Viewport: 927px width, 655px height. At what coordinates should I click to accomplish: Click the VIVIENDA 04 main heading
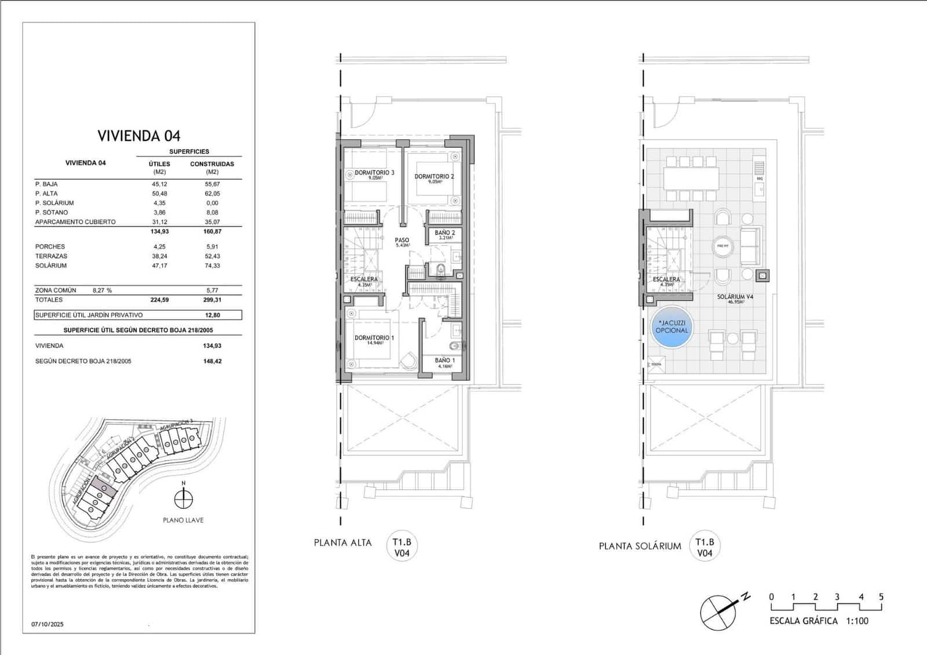tap(139, 136)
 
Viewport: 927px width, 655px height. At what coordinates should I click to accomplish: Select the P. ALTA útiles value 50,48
tap(159, 194)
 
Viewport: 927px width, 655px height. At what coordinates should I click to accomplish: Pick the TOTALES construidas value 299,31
tap(213, 300)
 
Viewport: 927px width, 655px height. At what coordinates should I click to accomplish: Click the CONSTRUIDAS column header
tap(212, 164)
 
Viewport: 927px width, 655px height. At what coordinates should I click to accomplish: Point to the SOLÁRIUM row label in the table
tap(51, 265)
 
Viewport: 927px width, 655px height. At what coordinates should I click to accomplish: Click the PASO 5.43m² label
tap(402, 242)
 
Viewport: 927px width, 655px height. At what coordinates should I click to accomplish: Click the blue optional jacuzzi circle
tap(671, 327)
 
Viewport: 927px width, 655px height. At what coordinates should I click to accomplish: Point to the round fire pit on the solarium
tap(722, 246)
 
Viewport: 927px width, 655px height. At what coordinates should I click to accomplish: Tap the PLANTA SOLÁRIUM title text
tap(640, 546)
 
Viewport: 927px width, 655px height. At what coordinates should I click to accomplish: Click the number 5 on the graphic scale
tap(881, 597)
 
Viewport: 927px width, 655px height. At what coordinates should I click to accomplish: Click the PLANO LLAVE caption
tap(183, 521)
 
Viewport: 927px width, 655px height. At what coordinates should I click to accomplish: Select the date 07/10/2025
tap(48, 624)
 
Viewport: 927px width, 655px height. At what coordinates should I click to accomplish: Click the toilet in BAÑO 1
tap(455, 347)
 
